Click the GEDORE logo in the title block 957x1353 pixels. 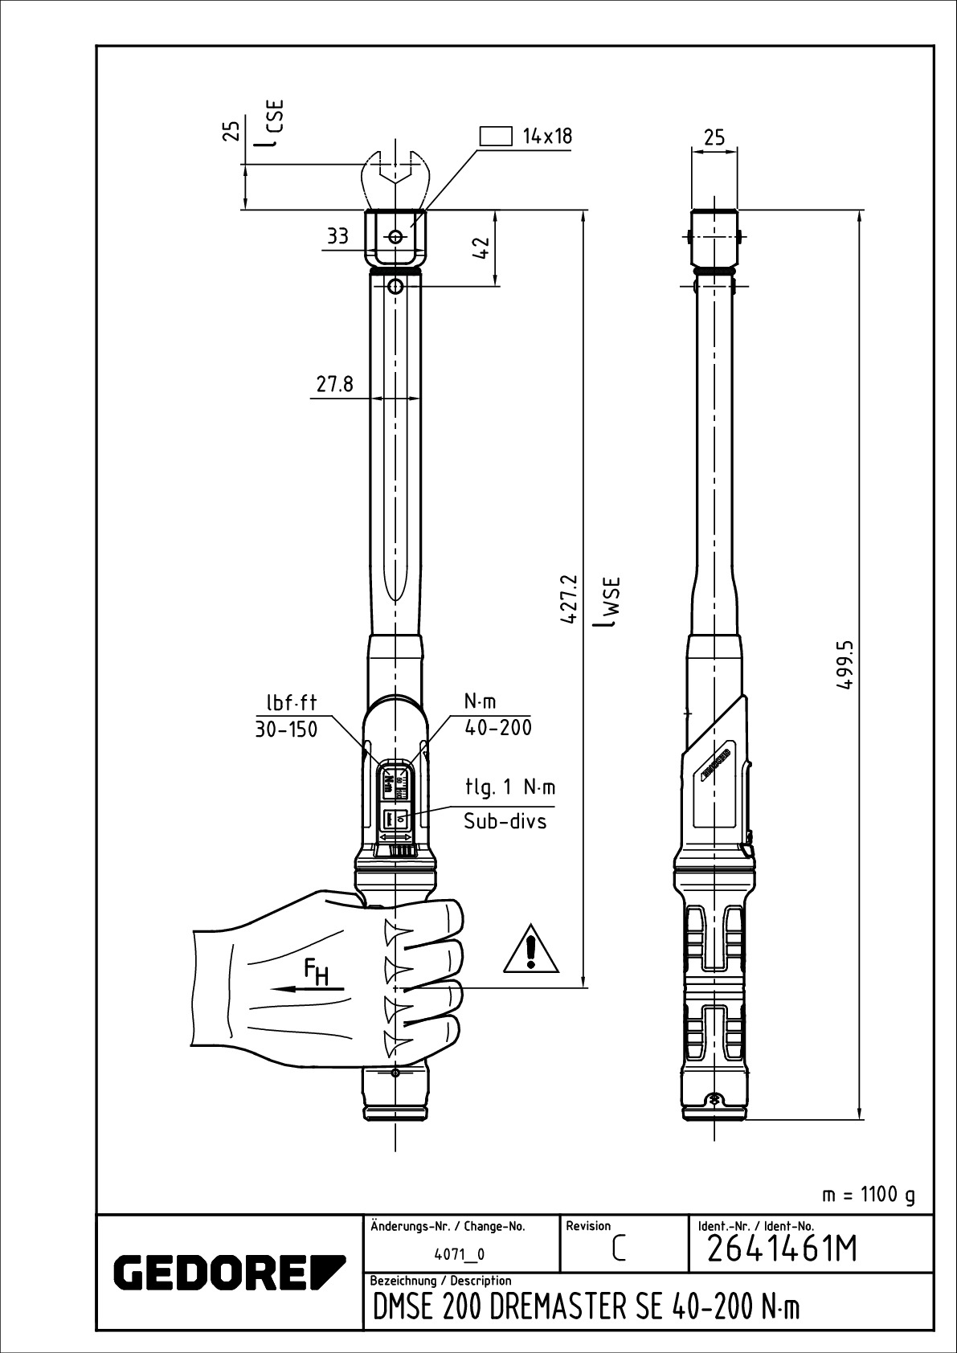(229, 1270)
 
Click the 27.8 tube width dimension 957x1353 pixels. (334, 384)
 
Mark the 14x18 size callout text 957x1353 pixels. (547, 136)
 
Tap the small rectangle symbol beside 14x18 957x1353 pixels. (496, 136)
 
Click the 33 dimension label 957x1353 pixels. (337, 236)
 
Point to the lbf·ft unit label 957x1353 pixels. (292, 703)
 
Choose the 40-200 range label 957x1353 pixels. (498, 728)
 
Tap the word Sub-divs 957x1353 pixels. (505, 821)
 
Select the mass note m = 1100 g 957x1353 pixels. (869, 1195)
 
